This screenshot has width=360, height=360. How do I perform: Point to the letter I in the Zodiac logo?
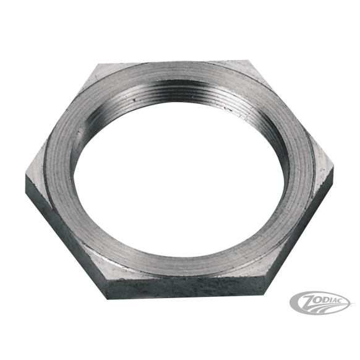pos(333,299)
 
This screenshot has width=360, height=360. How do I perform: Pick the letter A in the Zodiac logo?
pos(338,299)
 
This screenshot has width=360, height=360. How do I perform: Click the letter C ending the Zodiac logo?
pos(346,299)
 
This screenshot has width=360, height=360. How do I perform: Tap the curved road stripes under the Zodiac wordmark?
pos(322,307)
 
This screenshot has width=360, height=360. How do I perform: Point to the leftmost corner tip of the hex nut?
pos(25,174)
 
